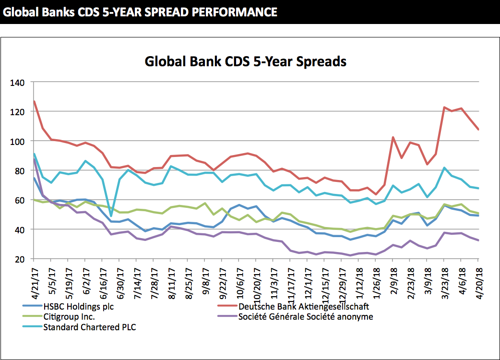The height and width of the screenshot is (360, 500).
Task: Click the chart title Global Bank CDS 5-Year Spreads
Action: point(245,61)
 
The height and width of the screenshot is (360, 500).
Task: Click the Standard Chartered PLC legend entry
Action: point(89,328)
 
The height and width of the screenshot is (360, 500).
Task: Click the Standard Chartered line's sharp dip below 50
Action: point(111,216)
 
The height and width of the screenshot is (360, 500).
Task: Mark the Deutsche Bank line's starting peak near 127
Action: point(35,101)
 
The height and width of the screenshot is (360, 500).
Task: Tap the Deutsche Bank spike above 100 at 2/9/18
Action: point(393,137)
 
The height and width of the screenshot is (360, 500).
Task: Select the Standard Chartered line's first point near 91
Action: point(35,154)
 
